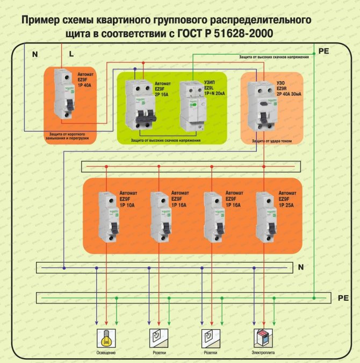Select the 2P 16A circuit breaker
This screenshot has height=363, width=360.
pyautogui.click(x=139, y=105)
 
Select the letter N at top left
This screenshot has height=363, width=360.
pyautogui.click(x=35, y=54)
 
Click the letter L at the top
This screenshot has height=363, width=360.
pyautogui.click(x=71, y=54)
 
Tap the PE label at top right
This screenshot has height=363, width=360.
pyautogui.click(x=324, y=50)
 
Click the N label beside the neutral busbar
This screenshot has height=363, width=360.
pyautogui.click(x=300, y=267)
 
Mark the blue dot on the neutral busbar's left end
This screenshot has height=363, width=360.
pyautogui.click(x=64, y=267)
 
